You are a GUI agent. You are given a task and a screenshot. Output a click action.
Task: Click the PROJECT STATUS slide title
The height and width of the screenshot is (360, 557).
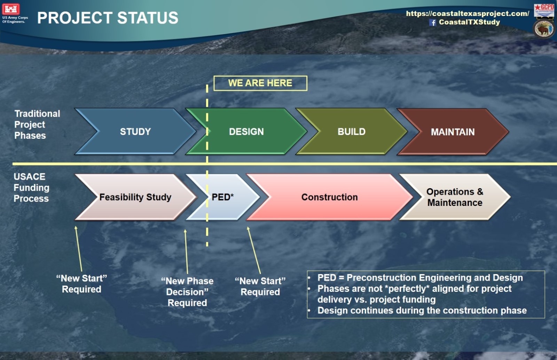(x=108, y=18)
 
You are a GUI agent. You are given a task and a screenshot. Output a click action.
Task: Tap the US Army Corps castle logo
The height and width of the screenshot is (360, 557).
(x=11, y=9)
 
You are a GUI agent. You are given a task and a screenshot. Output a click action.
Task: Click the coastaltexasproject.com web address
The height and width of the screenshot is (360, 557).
(x=468, y=14)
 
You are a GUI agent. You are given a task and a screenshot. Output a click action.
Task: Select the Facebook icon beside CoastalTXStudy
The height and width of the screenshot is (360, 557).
(x=432, y=23)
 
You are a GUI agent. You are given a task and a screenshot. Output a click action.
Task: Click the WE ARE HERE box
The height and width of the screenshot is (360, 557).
(x=260, y=83)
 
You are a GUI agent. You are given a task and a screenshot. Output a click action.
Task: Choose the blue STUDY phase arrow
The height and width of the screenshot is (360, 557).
(x=135, y=131)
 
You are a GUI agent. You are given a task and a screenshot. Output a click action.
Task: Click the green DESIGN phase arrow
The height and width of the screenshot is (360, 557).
(x=246, y=131)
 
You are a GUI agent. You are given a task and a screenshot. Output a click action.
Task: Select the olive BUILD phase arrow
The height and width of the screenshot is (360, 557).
(x=351, y=131)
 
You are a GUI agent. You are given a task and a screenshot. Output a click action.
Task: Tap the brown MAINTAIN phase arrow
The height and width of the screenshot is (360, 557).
(x=453, y=132)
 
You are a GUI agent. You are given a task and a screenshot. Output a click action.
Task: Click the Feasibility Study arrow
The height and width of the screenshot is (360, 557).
(x=135, y=197)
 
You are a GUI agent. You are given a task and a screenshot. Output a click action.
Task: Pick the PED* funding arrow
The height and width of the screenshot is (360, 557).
(x=222, y=197)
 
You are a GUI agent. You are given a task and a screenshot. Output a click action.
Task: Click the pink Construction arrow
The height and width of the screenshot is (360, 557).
(x=329, y=197)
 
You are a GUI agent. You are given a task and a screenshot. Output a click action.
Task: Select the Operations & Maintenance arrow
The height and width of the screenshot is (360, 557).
(x=455, y=197)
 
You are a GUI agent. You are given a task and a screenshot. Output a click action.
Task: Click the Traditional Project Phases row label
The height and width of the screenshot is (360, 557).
(x=37, y=125)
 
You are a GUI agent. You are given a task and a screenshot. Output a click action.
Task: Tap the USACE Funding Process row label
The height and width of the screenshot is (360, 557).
(x=31, y=187)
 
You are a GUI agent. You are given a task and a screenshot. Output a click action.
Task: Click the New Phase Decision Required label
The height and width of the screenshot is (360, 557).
(x=187, y=292)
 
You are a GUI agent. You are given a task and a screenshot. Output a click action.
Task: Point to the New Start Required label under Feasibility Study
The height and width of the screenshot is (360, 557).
(x=81, y=284)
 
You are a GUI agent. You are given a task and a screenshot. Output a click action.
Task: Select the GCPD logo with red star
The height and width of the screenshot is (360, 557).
(x=544, y=10)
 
